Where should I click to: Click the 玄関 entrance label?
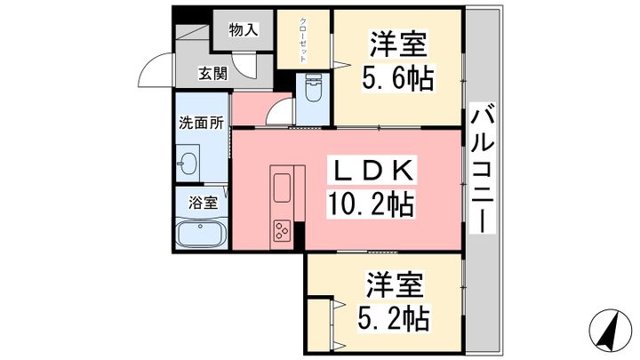(213, 74)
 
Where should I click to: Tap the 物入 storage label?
(244, 29)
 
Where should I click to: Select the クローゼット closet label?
(303, 40)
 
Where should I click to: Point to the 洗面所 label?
(202, 123)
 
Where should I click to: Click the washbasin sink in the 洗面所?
(188, 164)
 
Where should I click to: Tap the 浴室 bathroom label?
(203, 203)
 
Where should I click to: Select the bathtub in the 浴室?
(201, 235)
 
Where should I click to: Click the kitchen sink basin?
(282, 188)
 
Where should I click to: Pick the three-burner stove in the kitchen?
(282, 230)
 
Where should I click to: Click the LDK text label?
(373, 172)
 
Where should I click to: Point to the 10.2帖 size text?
(371, 204)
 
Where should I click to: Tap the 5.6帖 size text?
(397, 77)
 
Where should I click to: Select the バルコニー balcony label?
(482, 167)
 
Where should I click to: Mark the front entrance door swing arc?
(148, 61)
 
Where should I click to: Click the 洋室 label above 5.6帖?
(398, 44)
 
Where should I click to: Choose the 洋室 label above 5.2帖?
(395, 284)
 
